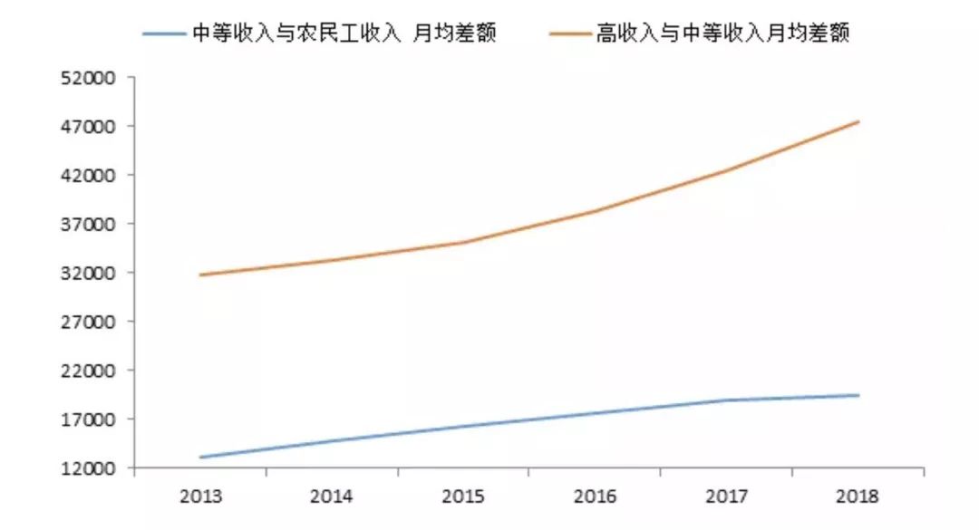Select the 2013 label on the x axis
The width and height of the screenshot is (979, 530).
[200, 496]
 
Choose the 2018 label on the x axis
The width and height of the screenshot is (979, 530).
[857, 496]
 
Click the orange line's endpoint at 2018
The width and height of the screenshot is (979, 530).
[858, 121]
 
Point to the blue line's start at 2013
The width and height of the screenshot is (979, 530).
[201, 457]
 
